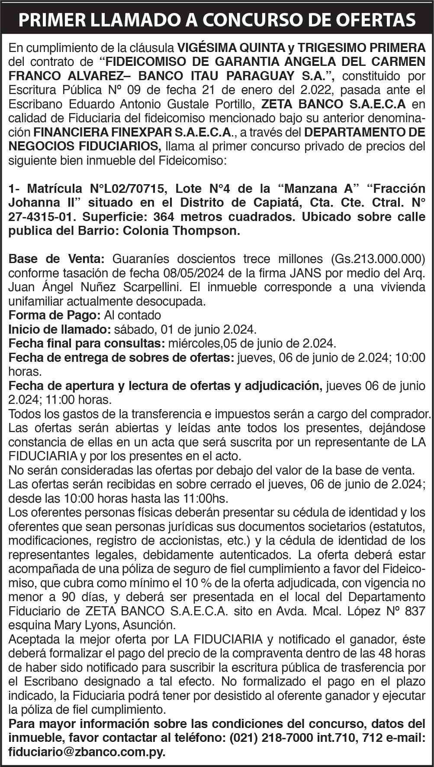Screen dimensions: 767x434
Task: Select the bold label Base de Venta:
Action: pos(56,259)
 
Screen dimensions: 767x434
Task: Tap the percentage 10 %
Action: pos(197,583)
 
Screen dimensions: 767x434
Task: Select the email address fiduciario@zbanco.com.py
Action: pos(87,751)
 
